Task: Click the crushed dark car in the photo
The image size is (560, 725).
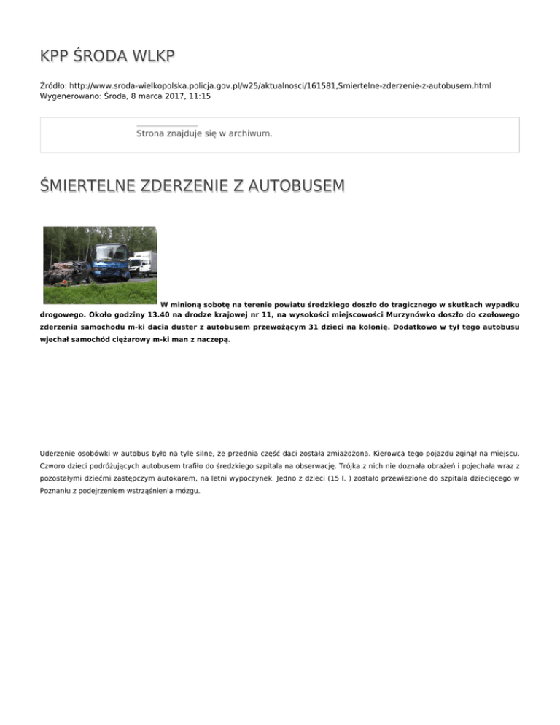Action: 69,271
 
